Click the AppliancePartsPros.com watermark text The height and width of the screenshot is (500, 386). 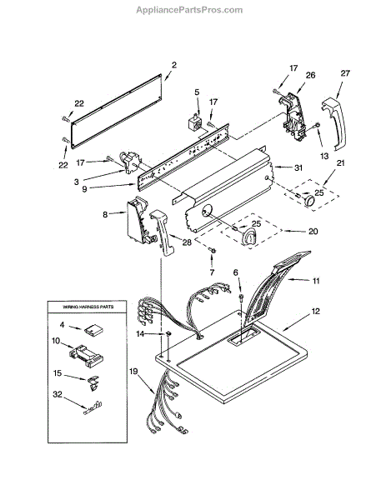click(189, 10)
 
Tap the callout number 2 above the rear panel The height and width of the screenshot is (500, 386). click(174, 65)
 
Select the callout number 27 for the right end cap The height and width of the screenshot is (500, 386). click(345, 73)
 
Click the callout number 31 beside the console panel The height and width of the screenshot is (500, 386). click(298, 167)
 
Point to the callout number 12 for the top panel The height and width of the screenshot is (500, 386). click(315, 311)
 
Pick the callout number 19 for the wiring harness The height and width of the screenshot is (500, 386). click(133, 371)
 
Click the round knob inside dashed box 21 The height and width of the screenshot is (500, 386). click(309, 201)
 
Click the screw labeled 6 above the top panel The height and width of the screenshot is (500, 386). click(241, 298)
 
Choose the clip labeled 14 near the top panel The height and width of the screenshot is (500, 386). click(168, 333)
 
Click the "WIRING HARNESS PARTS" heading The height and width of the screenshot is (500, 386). click(88, 307)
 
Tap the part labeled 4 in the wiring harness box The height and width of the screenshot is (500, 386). click(93, 330)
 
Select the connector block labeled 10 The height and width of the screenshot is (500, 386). click(86, 355)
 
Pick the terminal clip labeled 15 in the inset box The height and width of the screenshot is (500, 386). click(93, 382)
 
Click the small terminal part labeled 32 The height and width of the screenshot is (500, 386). click(93, 408)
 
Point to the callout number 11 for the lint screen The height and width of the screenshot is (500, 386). click(315, 281)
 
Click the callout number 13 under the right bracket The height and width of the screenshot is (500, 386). click(324, 156)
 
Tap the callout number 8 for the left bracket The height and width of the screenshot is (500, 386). click(105, 215)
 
